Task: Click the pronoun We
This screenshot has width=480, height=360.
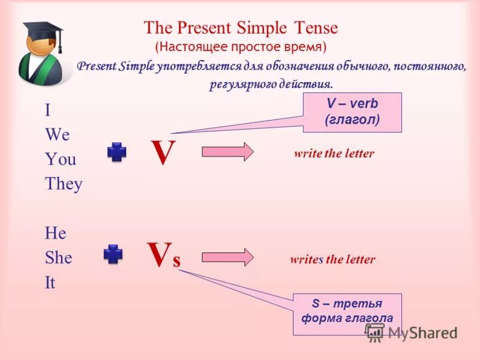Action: click(58, 135)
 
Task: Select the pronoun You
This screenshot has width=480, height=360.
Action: click(60, 160)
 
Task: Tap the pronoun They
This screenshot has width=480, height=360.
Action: click(63, 184)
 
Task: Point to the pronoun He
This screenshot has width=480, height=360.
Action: click(55, 233)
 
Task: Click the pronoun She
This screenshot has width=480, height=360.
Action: click(58, 258)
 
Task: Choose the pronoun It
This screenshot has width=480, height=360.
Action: click(50, 283)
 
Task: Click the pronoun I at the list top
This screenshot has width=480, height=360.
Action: click(47, 111)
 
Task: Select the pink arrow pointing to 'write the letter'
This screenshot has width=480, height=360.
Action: click(227, 152)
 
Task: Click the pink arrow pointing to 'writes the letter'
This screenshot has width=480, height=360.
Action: click(227, 257)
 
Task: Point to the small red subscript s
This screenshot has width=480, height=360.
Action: click(176, 262)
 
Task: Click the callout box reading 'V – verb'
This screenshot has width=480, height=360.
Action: click(352, 112)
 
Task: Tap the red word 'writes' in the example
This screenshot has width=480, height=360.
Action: click(306, 260)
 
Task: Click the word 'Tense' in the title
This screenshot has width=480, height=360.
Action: click(316, 28)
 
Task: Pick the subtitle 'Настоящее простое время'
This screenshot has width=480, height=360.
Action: click(241, 46)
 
